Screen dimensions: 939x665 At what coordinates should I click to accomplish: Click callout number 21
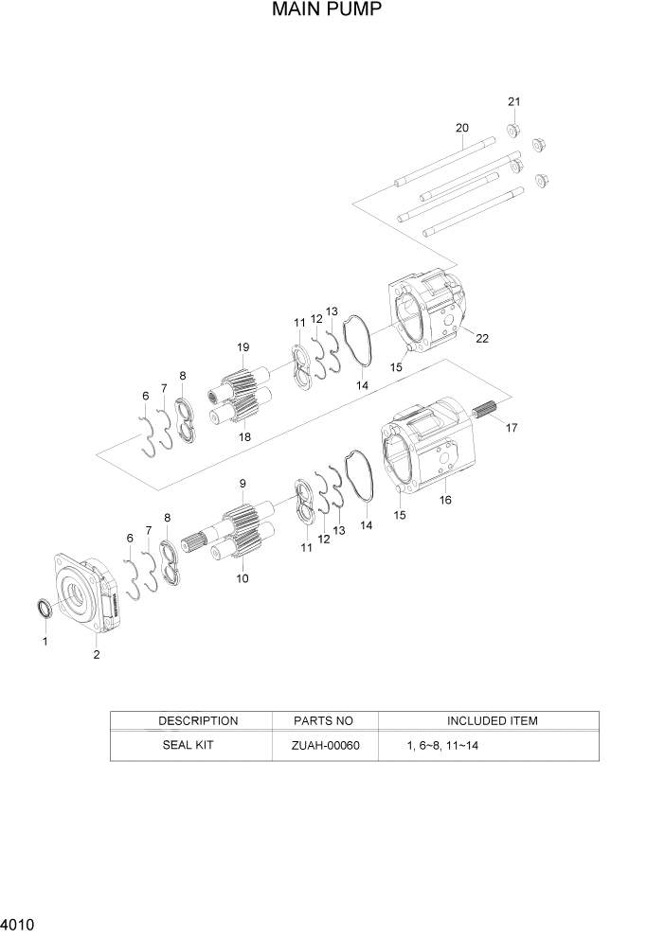pyautogui.click(x=513, y=101)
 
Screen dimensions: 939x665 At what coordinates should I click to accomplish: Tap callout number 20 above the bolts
pyautogui.click(x=461, y=128)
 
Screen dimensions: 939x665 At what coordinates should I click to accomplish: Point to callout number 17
pyautogui.click(x=511, y=428)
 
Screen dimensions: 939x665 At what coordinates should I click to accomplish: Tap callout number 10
pyautogui.click(x=243, y=577)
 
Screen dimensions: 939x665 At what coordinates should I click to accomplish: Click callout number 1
pyautogui.click(x=43, y=641)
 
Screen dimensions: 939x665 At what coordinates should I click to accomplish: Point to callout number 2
pyautogui.click(x=96, y=653)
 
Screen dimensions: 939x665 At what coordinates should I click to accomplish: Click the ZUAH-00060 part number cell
pyautogui.click(x=325, y=746)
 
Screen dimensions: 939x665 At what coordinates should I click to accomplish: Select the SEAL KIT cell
pyautogui.click(x=190, y=745)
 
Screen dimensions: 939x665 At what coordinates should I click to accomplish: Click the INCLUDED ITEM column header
pyautogui.click(x=492, y=720)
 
